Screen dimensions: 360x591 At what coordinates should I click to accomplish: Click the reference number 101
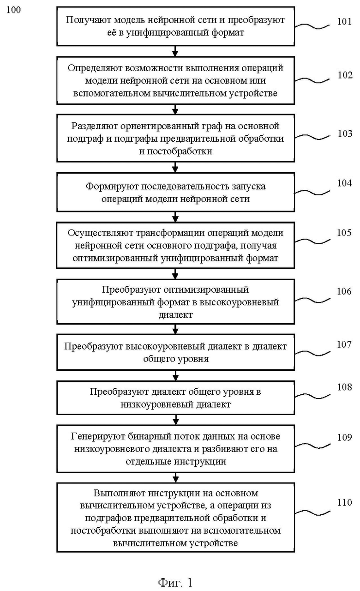pyautogui.click(x=344, y=21)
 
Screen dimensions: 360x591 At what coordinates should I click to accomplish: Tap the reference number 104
pyautogui.click(x=344, y=183)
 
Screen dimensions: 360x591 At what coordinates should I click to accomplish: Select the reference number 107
pyautogui.click(x=344, y=344)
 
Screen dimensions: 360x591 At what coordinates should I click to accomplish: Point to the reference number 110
pyautogui.click(x=344, y=502)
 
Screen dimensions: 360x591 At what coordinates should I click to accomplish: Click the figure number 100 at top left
pyautogui.click(x=13, y=10)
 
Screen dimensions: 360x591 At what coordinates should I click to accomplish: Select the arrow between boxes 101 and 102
pyautogui.click(x=175, y=51)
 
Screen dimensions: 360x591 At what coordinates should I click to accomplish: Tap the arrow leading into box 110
pyautogui.click(x=175, y=478)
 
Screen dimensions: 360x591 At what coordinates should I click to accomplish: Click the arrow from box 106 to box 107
pyautogui.click(x=175, y=329)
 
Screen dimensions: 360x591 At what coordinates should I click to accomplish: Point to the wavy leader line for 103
pyautogui.click(x=312, y=137)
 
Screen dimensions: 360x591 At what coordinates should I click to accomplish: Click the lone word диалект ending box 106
pyautogui.click(x=176, y=315)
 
